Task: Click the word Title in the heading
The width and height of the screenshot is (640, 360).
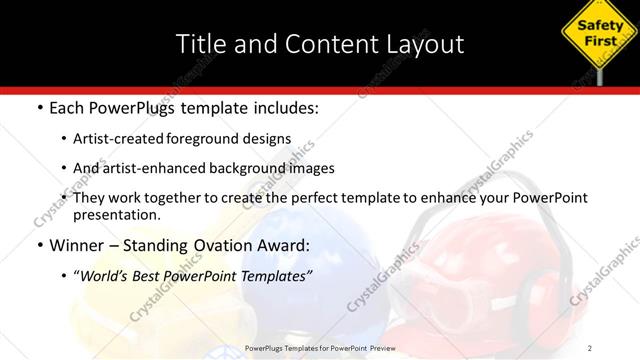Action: click(x=197, y=44)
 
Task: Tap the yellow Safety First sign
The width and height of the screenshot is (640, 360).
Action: click(x=595, y=36)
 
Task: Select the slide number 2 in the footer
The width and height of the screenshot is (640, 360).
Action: click(x=591, y=348)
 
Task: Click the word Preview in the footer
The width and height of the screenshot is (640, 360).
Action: click(x=419, y=348)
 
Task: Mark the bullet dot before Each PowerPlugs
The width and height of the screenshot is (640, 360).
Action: click(x=38, y=107)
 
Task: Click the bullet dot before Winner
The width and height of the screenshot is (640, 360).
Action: click(x=38, y=246)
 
